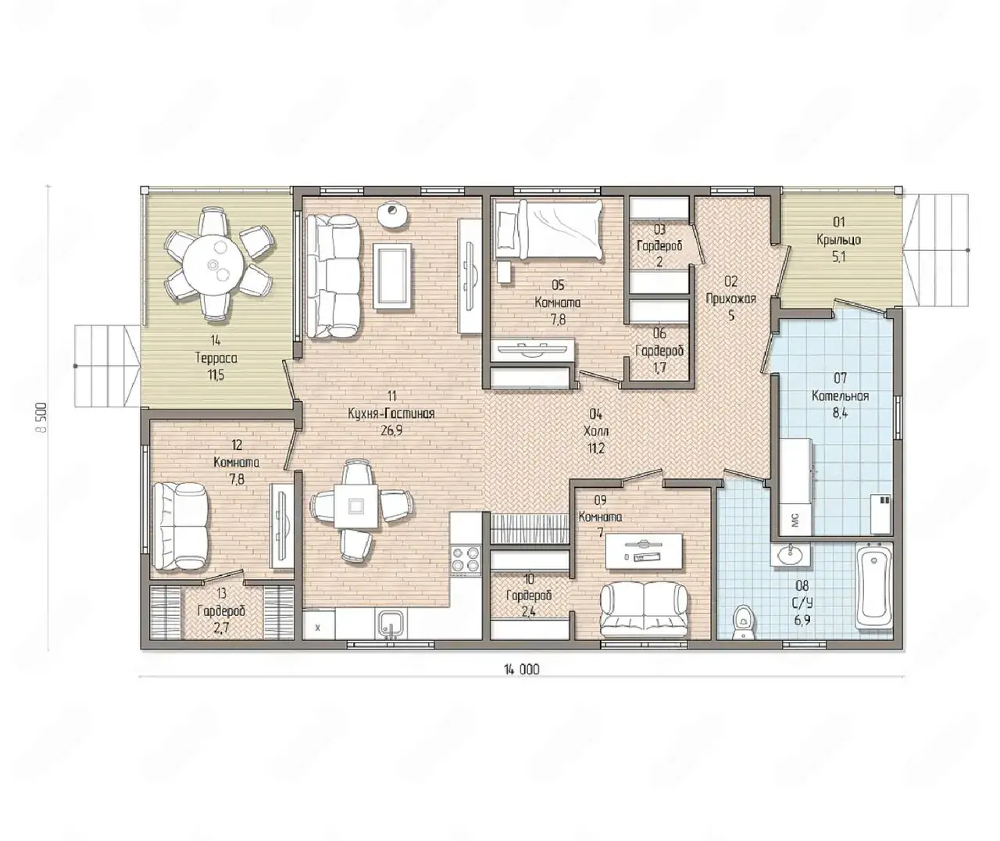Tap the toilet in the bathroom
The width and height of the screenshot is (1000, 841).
pyautogui.click(x=743, y=621)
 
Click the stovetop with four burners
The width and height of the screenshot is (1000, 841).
pyautogui.click(x=466, y=559)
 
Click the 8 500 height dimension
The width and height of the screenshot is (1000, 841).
pyautogui.click(x=41, y=417)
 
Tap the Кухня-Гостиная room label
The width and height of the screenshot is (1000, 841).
pyautogui.click(x=391, y=413)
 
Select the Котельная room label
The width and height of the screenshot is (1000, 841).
pyautogui.click(x=840, y=395)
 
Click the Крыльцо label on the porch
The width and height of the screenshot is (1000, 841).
pyautogui.click(x=838, y=240)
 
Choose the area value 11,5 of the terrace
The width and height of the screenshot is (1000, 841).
pyautogui.click(x=216, y=374)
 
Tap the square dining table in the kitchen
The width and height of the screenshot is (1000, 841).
pyautogui.click(x=355, y=506)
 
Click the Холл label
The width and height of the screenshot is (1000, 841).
pyautogui.click(x=596, y=431)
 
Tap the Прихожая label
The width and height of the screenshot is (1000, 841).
pyautogui.click(x=730, y=299)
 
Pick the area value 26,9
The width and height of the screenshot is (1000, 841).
pyautogui.click(x=391, y=430)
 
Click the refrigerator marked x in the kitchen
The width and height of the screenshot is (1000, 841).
pyautogui.click(x=319, y=624)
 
